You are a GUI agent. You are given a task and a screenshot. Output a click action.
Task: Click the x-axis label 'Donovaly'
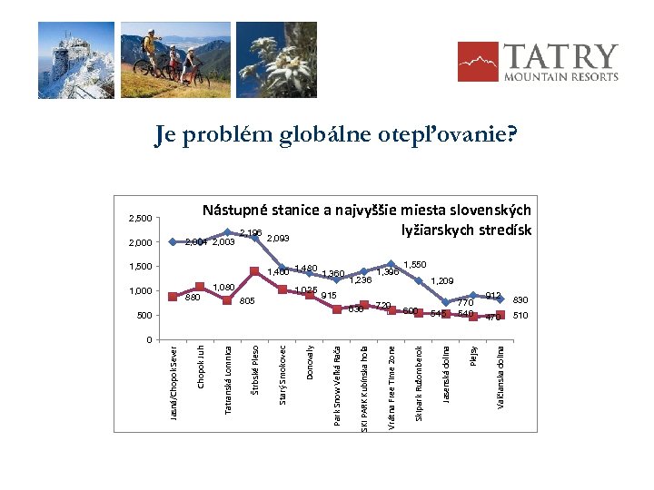[311, 362]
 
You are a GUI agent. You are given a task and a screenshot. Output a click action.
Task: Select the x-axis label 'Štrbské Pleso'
[256, 368]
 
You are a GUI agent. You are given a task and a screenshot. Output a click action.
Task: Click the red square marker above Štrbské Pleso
[255, 270]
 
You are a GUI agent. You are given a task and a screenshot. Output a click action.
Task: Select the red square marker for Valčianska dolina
[500, 315]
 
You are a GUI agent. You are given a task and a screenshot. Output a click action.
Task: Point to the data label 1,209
[442, 280]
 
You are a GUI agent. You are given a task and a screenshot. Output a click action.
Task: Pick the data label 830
[520, 299]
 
